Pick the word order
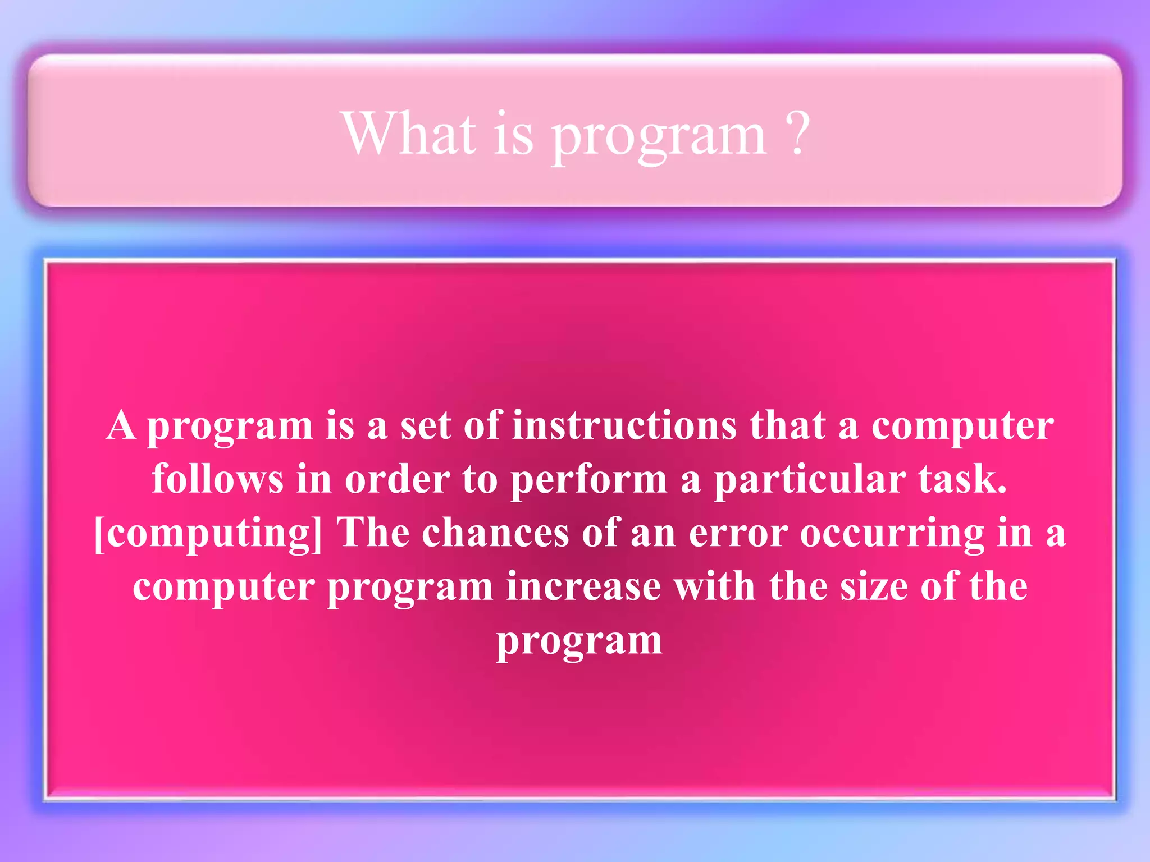397,480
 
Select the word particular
809,480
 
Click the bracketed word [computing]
208,533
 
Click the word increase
583,586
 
